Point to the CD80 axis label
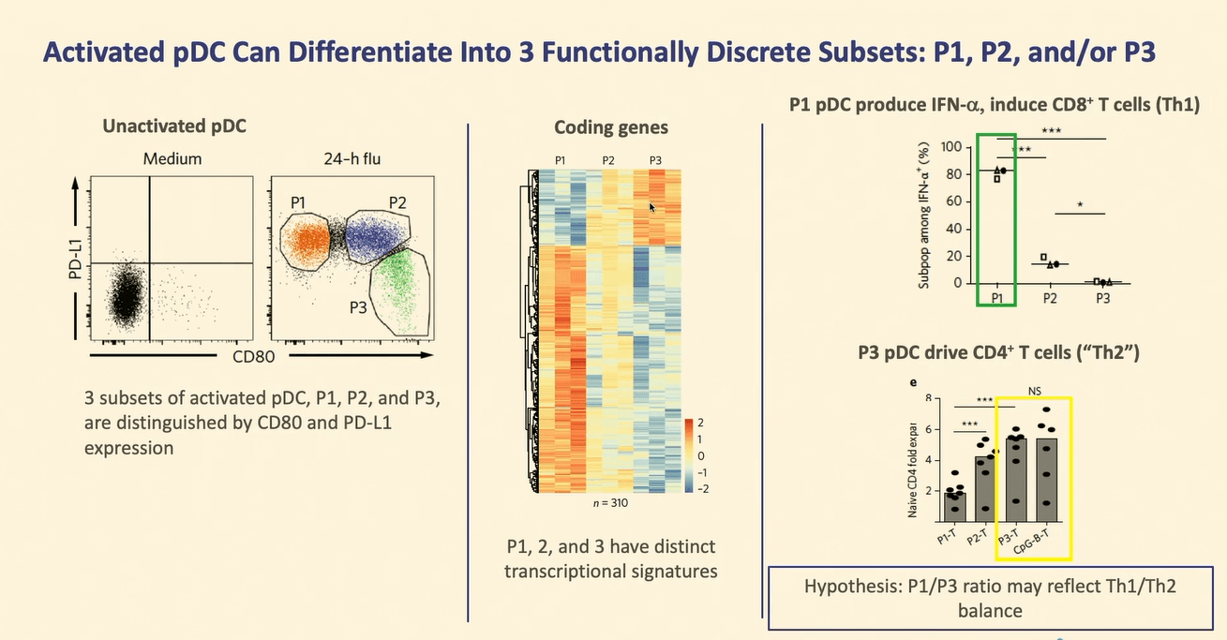254,357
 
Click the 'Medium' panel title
172,159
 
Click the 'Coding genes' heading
611,127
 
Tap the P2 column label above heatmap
608,161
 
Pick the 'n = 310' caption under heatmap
609,503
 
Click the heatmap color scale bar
690,454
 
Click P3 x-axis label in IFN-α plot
1103,298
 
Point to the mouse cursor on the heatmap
652,206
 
